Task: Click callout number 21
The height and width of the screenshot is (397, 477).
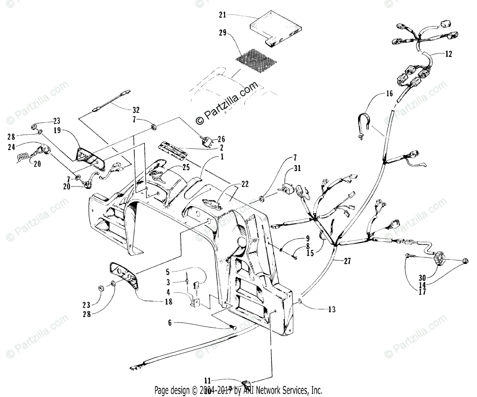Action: pyautogui.click(x=222, y=15)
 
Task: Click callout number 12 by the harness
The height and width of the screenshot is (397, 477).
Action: pyautogui.click(x=448, y=54)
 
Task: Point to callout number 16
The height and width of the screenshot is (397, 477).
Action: pyautogui.click(x=389, y=94)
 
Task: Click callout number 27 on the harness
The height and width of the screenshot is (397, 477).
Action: pyautogui.click(x=348, y=261)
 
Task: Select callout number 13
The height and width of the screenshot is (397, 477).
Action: pyautogui.click(x=332, y=309)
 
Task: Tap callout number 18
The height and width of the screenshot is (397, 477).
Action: pyautogui.click(x=169, y=302)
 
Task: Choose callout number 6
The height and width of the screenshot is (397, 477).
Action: pyautogui.click(x=170, y=323)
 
